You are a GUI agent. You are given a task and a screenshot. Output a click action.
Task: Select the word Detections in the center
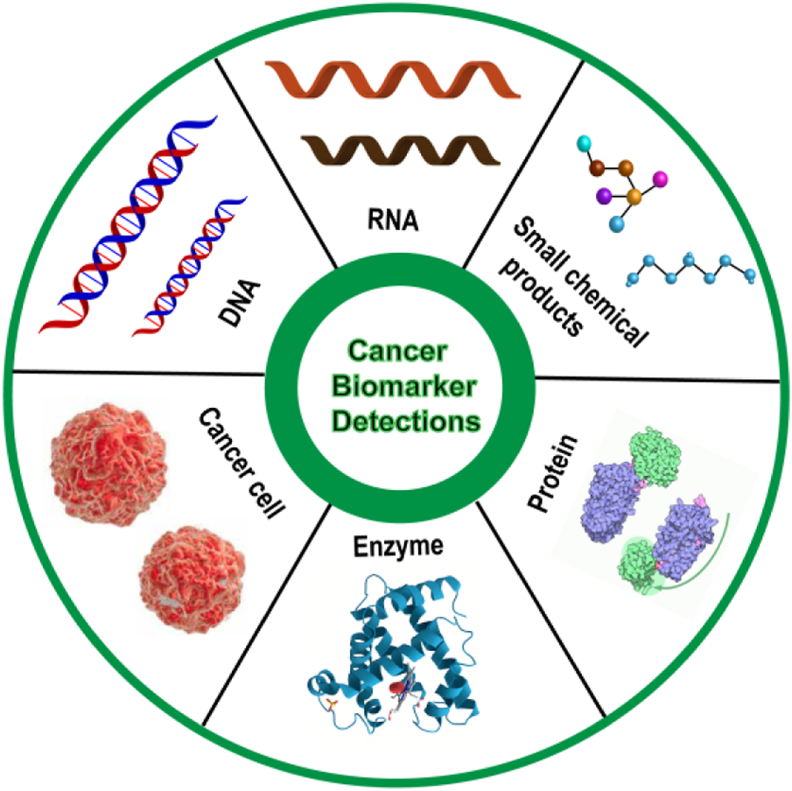point(397,421)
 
